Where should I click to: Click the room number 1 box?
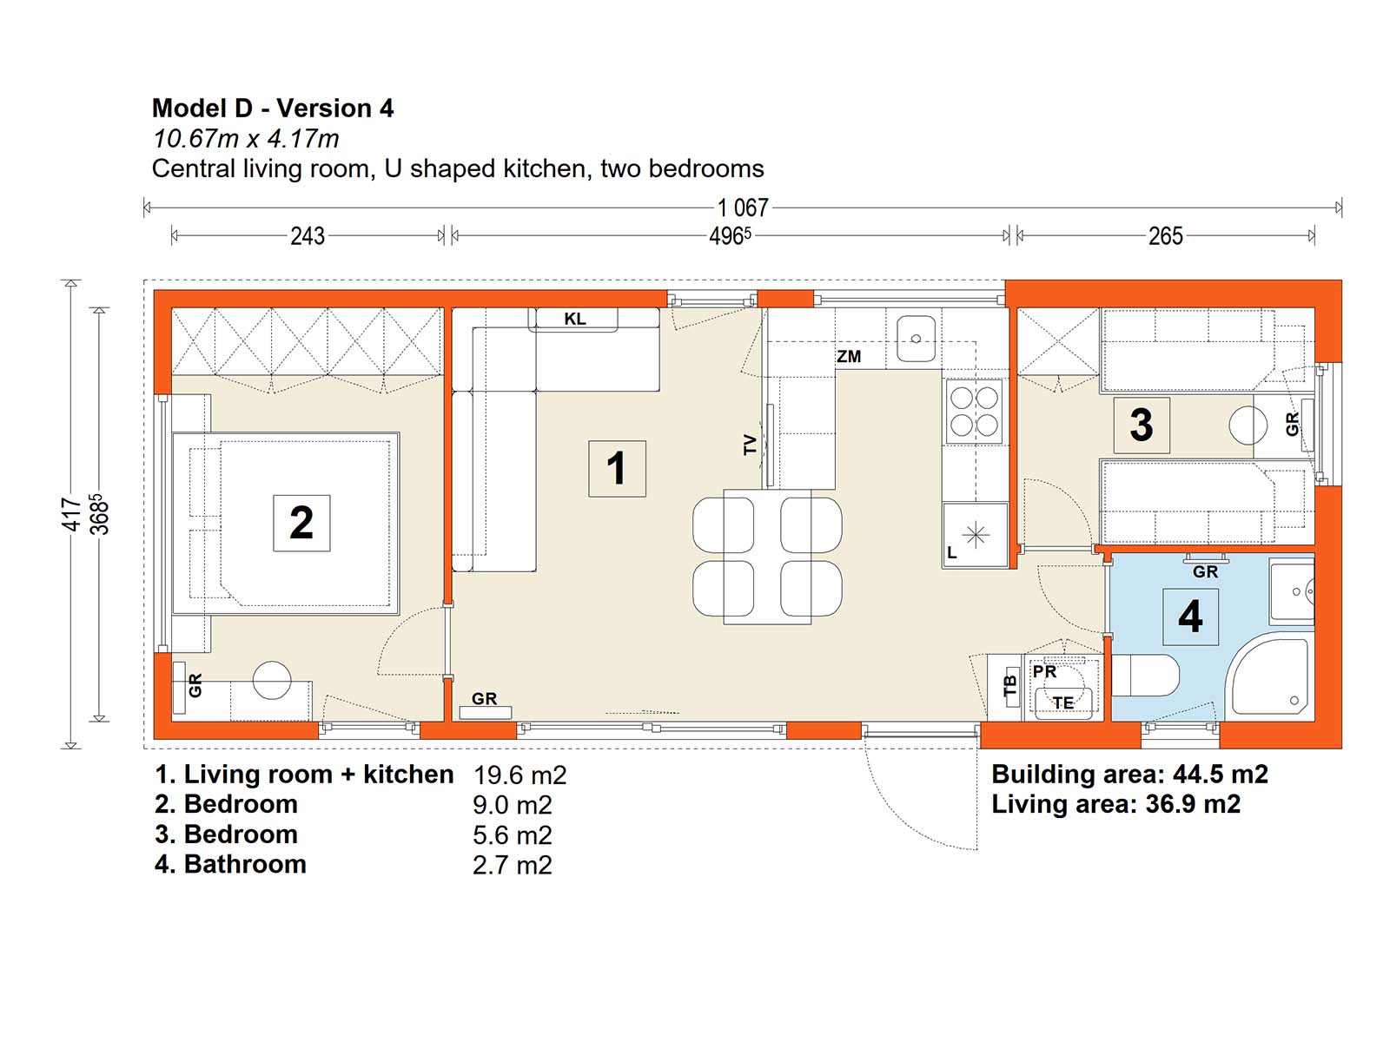[x=617, y=468]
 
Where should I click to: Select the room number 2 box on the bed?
[x=301, y=523]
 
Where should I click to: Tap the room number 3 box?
[x=1142, y=425]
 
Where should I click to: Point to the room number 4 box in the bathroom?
[x=1190, y=617]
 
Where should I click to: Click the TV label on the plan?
[x=750, y=445]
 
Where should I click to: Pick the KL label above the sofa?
[x=575, y=320]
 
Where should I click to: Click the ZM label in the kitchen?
[x=849, y=357]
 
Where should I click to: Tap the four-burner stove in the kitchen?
[x=975, y=412]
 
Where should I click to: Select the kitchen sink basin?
[x=917, y=339]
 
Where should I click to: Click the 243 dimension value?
[x=308, y=236]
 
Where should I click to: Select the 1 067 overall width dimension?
[x=743, y=208]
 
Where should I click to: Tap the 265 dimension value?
[x=1166, y=236]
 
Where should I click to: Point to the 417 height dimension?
[x=73, y=514]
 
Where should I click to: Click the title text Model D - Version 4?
[x=273, y=109]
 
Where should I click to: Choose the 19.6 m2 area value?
[x=520, y=775]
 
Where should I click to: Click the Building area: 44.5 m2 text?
[x=1129, y=774]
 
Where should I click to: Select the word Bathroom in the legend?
[x=245, y=864]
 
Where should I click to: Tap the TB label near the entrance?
[x=1010, y=686]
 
